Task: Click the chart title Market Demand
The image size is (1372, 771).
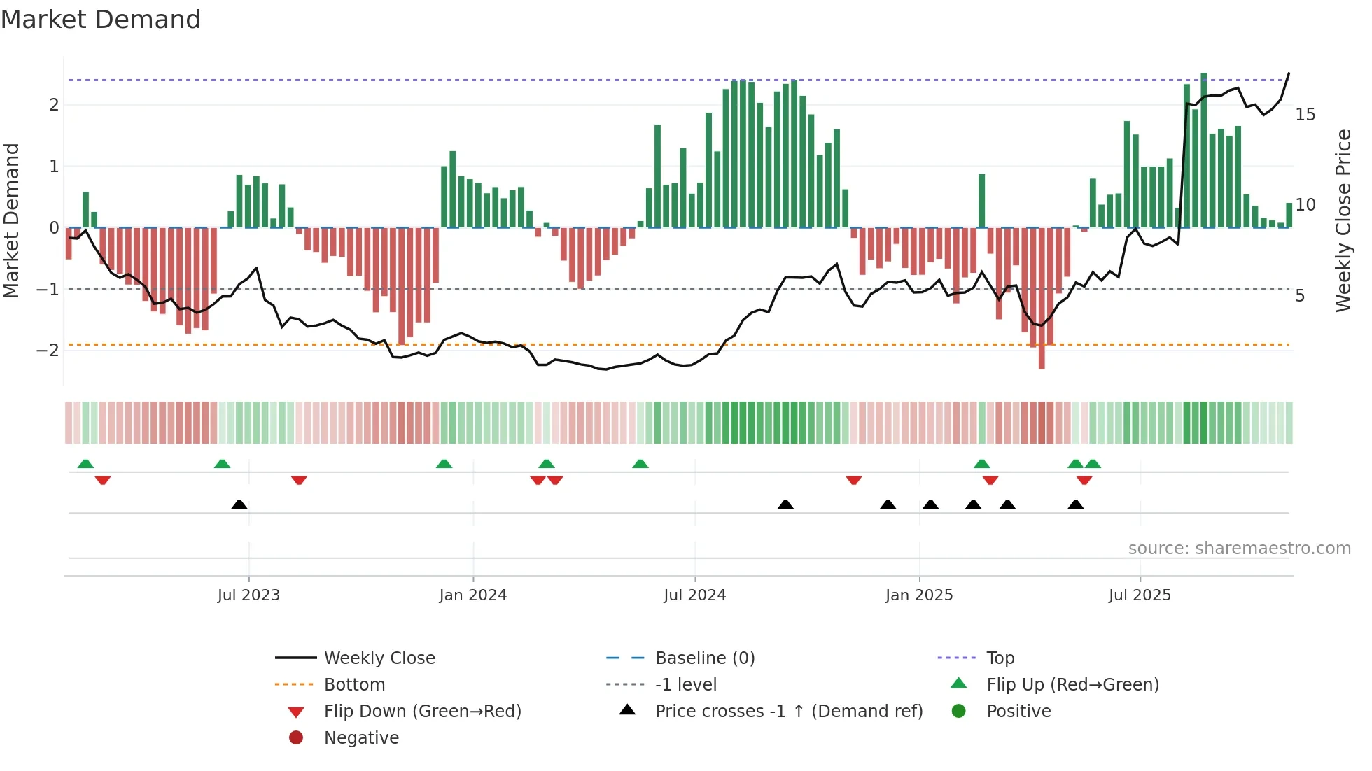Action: click(101, 20)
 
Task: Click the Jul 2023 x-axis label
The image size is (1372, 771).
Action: click(248, 595)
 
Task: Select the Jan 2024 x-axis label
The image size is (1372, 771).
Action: click(472, 595)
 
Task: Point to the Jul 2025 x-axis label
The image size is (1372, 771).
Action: click(1140, 595)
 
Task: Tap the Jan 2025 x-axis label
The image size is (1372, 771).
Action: click(918, 595)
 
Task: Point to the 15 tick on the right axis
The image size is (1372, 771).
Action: click(1305, 115)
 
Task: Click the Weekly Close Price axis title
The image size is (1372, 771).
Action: click(1343, 220)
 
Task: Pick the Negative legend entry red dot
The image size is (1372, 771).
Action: click(296, 738)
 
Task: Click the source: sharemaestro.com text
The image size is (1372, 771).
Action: click(1239, 549)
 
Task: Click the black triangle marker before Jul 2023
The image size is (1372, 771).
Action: click(239, 504)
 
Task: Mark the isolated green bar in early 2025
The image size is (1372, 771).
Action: click(982, 201)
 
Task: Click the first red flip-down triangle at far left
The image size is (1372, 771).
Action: click(103, 481)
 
